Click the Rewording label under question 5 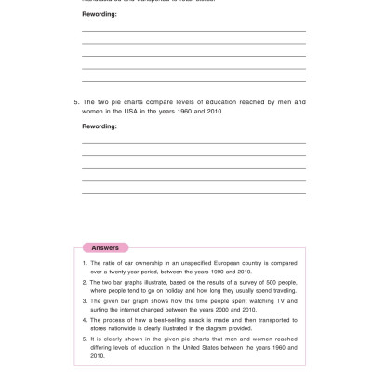point(99,125)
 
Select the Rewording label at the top point(99,14)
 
